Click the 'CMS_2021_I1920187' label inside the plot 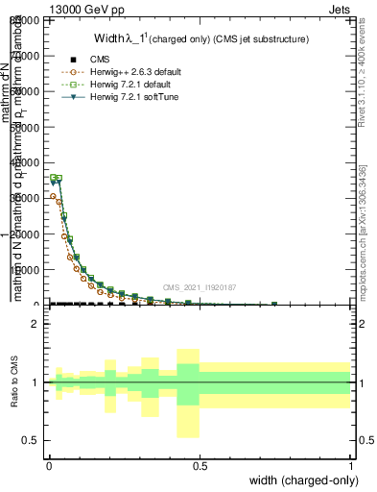[x=199, y=286]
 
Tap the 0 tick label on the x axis [x=48, y=466]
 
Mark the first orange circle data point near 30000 [x=53, y=196]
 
